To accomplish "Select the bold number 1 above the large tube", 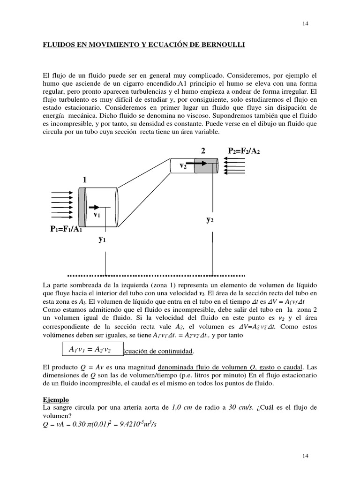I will (x=85, y=180).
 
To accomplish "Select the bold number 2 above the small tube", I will (x=202, y=150).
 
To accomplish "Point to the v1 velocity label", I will (x=97, y=215).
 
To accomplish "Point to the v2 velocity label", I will (x=184, y=165).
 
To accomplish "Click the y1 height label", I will (x=102, y=239).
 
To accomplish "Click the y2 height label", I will (x=210, y=219).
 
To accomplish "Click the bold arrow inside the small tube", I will (x=197, y=164).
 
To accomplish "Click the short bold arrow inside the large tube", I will (x=94, y=207).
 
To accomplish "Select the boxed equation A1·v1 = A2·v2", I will (x=90, y=350).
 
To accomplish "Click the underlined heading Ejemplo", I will (x=56, y=400).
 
